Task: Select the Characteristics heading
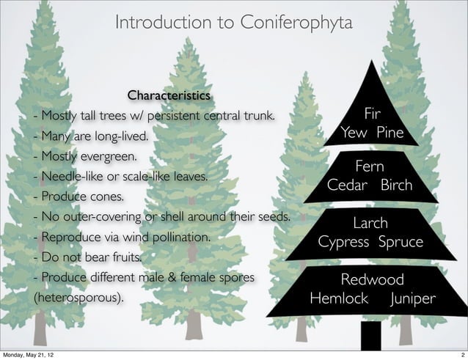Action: (x=169, y=96)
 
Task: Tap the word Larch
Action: (x=370, y=223)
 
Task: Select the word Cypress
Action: (x=343, y=241)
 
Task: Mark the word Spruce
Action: (x=400, y=241)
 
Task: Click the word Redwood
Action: (x=371, y=280)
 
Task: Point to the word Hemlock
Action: (x=339, y=299)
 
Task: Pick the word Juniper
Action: (x=413, y=299)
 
